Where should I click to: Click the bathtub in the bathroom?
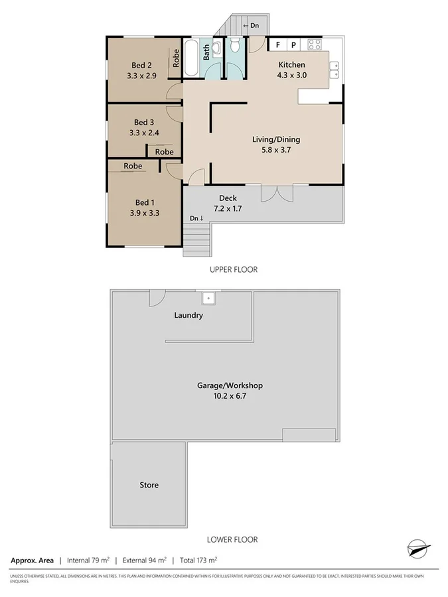point(191,58)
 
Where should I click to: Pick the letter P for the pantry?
point(293,45)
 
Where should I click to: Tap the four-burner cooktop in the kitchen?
point(315,45)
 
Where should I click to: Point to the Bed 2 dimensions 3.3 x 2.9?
point(142,76)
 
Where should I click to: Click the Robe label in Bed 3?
point(165,152)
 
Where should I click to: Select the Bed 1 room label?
point(142,202)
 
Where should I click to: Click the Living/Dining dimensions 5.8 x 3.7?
point(276,151)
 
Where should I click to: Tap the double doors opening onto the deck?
point(276,192)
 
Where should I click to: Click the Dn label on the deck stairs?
point(196,218)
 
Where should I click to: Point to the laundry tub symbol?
point(208,298)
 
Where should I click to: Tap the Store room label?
point(149,485)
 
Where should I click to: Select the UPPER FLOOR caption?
point(233,269)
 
